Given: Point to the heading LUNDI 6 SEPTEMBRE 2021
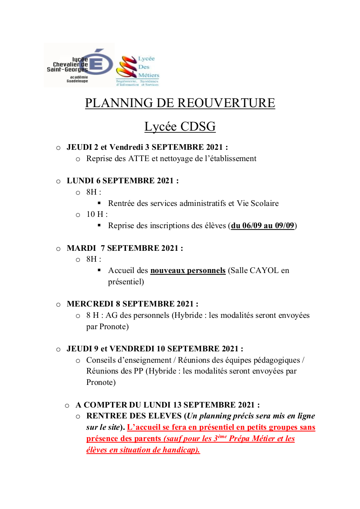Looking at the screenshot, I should [122, 181].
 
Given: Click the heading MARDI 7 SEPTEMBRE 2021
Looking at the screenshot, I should [125, 248].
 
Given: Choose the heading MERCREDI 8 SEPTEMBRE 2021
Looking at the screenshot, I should [132, 304].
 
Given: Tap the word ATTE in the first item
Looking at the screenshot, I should [139, 158].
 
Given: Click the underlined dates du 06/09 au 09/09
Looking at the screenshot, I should [263, 226].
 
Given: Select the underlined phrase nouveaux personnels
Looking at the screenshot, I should [188, 270].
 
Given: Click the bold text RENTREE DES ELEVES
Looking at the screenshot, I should [134, 416].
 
